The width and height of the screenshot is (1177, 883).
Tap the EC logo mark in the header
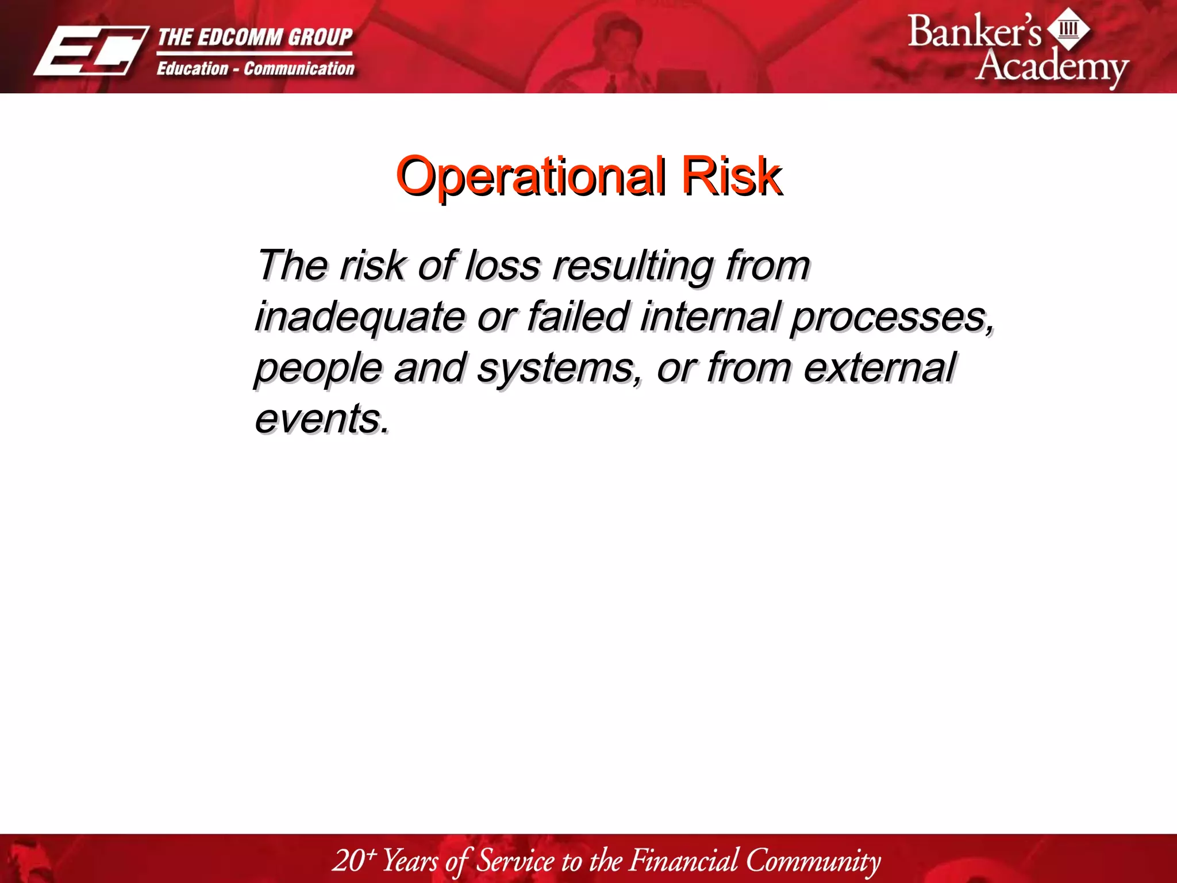91,51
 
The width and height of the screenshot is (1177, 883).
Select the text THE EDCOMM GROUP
255,37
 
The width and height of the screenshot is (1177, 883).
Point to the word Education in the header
193,68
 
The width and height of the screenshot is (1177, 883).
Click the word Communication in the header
299,68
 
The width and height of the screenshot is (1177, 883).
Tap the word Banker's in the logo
974,32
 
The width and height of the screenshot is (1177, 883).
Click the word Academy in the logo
1051,66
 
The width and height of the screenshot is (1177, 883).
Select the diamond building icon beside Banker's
1068,28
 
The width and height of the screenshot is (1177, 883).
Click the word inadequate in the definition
360,317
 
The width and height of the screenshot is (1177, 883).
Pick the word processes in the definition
891,317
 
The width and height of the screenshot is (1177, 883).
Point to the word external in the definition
879,367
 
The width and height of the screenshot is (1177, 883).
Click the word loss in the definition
502,266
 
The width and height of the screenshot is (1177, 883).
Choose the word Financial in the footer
683,861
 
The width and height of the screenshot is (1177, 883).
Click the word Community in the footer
813,861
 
